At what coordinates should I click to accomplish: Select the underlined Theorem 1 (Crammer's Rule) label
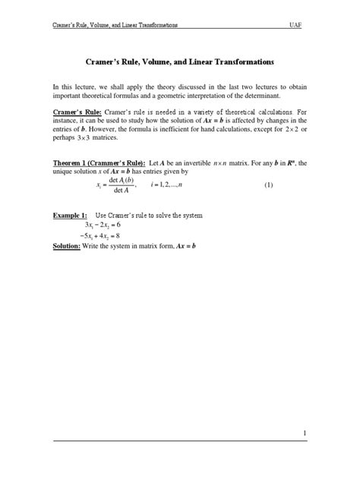[99, 163]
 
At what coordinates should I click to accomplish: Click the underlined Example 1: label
[71, 216]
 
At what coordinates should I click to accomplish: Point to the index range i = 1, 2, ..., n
[179, 185]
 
